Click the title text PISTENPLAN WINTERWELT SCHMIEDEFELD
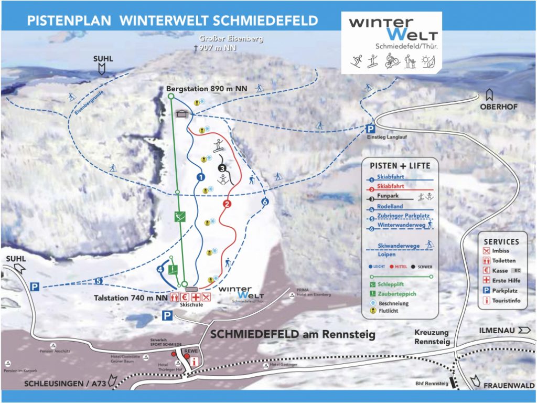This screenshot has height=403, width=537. click(172, 21)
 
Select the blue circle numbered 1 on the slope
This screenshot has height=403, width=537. click(200, 177)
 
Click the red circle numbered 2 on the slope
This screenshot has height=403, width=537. click(227, 204)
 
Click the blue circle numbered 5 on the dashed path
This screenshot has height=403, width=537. click(99, 281)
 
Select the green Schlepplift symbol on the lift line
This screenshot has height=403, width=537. click(180, 216)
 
